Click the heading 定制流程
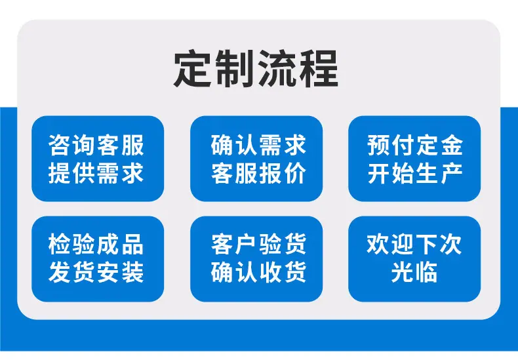pyautogui.click(x=256, y=69)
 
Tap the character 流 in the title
pyautogui.click(x=277, y=69)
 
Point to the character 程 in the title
pyautogui.click(x=319, y=69)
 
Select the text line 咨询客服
pyautogui.click(x=96, y=145)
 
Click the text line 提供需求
pyautogui.click(x=96, y=172)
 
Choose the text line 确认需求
pyautogui.click(x=258, y=145)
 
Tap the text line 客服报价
pyautogui.click(x=258, y=172)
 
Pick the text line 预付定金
pyautogui.click(x=415, y=145)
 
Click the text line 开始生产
pyautogui.click(x=415, y=172)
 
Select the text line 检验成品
pyautogui.click(x=96, y=245)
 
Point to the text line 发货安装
pyautogui.click(x=96, y=272)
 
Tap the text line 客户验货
pyautogui.click(x=258, y=245)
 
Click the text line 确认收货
pyautogui.click(x=258, y=272)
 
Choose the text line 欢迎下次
pyautogui.click(x=414, y=245)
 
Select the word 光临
pyautogui.click(x=414, y=272)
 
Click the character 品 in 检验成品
pyautogui.click(x=133, y=245)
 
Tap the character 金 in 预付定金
pyautogui.click(x=451, y=145)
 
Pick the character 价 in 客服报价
pyautogui.click(x=295, y=172)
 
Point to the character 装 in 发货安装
pyautogui.click(x=133, y=272)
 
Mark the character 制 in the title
pyautogui.click(x=235, y=69)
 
